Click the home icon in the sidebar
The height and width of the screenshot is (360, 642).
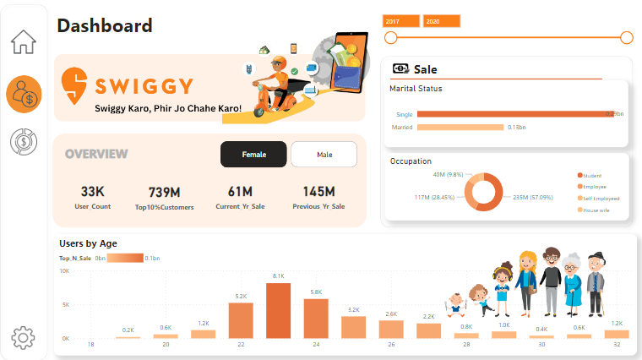[x=24, y=41]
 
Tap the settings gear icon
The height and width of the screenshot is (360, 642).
[x=23, y=338]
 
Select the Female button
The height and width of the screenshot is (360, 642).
[x=253, y=155]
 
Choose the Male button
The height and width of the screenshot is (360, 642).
[x=324, y=155]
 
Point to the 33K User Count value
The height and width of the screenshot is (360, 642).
[x=93, y=192]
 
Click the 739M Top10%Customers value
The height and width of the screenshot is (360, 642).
[x=165, y=192]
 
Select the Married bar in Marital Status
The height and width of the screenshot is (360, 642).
[x=460, y=128]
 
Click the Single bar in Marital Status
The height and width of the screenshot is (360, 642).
[x=515, y=113]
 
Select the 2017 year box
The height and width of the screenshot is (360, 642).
[x=401, y=21]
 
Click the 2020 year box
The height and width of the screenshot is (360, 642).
[x=441, y=21]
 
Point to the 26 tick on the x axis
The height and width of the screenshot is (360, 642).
[x=390, y=345]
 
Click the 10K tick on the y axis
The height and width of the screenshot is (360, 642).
[x=64, y=271]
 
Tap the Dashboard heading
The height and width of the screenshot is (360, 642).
[x=105, y=26]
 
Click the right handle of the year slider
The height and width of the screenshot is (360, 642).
[x=626, y=37]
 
